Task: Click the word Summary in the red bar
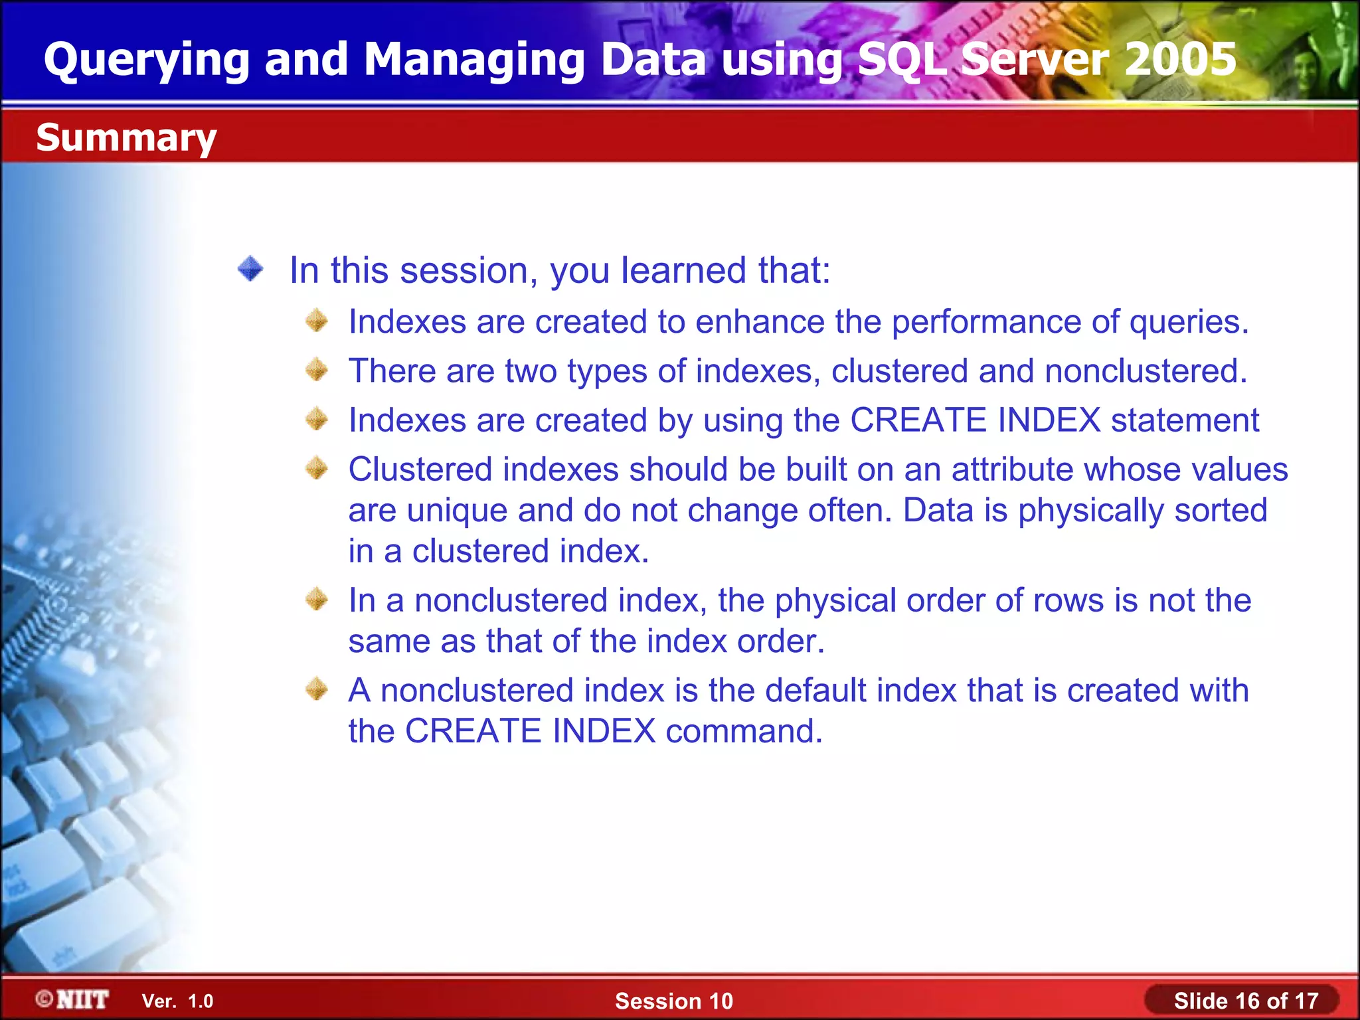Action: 126,138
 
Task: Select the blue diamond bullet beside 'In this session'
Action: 250,269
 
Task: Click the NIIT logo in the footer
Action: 72,999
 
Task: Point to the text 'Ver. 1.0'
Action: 177,1001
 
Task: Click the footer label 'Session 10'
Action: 673,1001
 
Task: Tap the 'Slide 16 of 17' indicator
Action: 1245,1001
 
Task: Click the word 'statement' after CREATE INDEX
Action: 1185,420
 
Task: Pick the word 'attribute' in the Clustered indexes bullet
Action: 1012,469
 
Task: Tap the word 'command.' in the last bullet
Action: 744,731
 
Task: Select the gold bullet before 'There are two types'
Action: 317,370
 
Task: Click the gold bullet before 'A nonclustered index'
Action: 317,689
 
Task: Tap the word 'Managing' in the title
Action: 473,60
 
